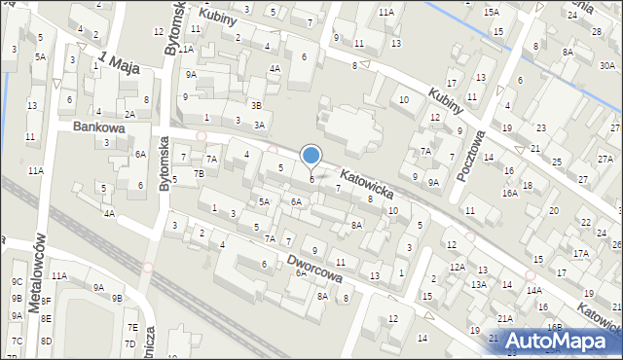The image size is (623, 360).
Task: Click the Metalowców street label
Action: [40, 271]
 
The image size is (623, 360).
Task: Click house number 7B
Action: [199, 173]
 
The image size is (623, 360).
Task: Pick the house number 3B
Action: [256, 105]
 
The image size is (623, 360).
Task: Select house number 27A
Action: [605, 159]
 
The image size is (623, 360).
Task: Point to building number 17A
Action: [581, 253]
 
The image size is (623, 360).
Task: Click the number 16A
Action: [509, 193]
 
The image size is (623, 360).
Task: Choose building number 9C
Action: [17, 282]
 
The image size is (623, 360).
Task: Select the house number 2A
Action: [129, 114]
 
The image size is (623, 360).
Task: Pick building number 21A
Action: [505, 318]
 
